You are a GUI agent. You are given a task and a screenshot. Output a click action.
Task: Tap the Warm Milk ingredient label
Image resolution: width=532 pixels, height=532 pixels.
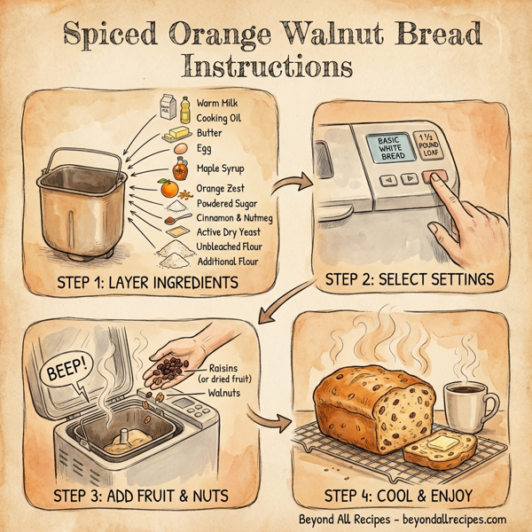coord(218,104)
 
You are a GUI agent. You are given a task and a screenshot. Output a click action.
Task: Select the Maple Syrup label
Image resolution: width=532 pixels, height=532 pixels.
coord(221,168)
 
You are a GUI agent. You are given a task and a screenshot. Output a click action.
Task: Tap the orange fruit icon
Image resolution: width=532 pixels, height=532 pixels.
coord(167,189)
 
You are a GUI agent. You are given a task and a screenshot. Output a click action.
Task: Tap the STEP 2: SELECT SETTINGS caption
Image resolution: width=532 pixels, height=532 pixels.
coord(408,280)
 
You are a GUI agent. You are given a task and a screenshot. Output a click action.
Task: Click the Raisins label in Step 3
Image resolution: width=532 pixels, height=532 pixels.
coord(231,369)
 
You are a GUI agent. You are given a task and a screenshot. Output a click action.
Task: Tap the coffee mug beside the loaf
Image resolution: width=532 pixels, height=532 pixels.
coord(466,405)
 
